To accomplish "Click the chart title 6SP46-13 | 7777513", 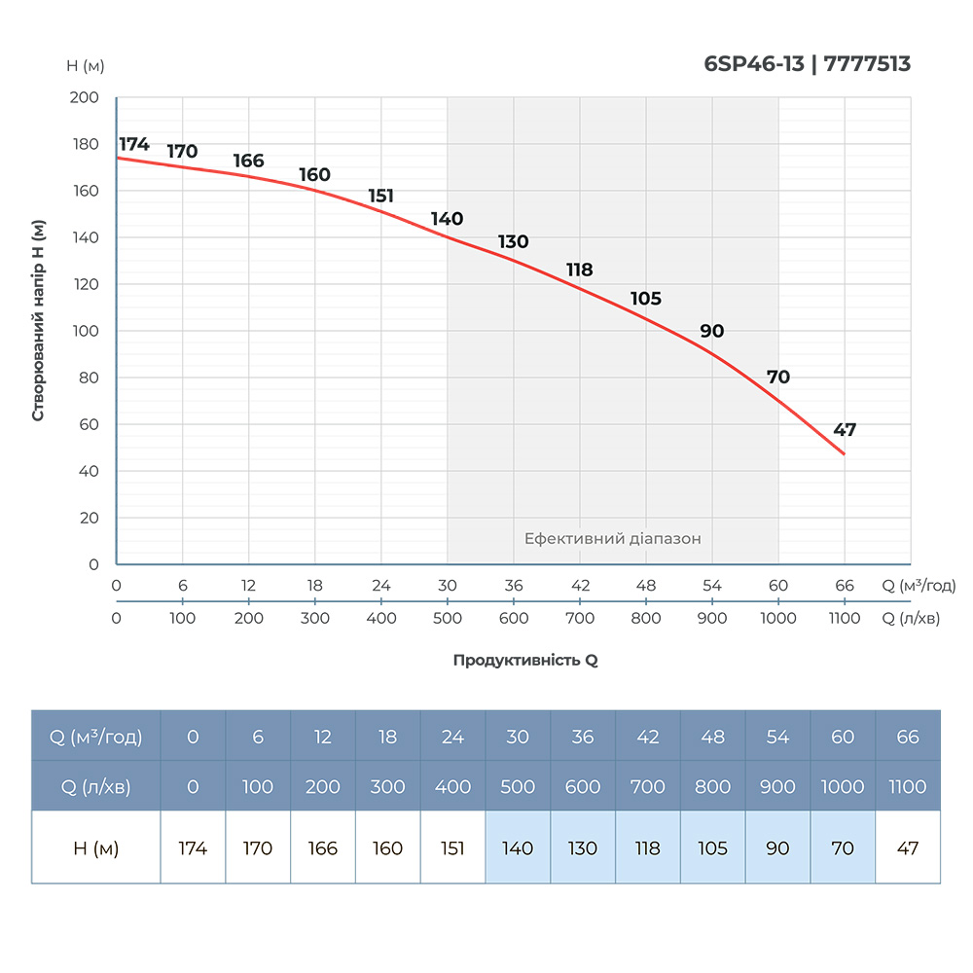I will click(x=807, y=64).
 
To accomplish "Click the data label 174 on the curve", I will click(x=134, y=144).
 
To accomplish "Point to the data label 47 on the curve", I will click(x=845, y=430).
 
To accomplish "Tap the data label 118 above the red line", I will click(x=580, y=270).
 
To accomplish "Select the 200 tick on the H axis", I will click(x=86, y=98).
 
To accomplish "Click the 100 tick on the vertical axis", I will click(x=86, y=331).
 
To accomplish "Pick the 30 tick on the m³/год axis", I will click(x=448, y=586).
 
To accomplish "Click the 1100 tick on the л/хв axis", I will click(x=845, y=618).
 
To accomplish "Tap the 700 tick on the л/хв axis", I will click(x=580, y=618).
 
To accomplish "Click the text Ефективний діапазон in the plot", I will click(x=612, y=538).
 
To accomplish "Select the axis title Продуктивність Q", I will click(x=525, y=660).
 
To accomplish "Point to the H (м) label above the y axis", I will click(x=86, y=66).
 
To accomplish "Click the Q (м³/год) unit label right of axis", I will click(x=919, y=586).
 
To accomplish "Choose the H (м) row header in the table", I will click(x=95, y=847).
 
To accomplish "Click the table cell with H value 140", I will click(x=518, y=847).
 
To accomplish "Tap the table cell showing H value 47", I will click(x=908, y=847).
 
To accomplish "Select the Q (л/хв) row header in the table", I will click(x=95, y=786).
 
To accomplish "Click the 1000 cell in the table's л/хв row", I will click(x=843, y=786).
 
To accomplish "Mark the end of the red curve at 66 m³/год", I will click(x=844, y=454).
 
